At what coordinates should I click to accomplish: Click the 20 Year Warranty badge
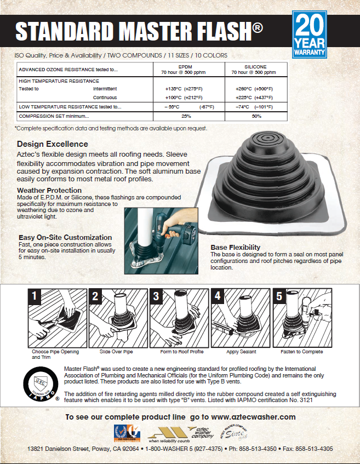click(310, 35)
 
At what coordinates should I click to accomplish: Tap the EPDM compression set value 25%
click(186, 116)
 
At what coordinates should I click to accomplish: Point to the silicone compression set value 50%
click(256, 116)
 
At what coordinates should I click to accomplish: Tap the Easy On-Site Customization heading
click(65, 237)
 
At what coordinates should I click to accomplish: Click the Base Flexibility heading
click(235, 248)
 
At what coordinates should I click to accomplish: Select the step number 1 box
click(35, 296)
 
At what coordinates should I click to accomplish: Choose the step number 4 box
click(217, 296)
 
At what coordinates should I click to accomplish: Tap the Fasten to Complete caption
click(301, 352)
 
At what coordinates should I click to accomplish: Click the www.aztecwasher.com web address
click(253, 417)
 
